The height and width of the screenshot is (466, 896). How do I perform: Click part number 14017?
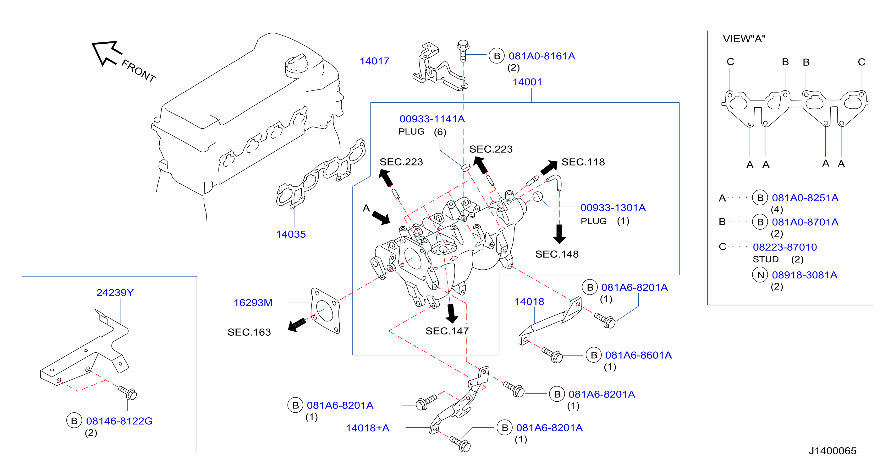click(x=374, y=61)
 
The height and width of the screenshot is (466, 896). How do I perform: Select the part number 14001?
click(x=527, y=82)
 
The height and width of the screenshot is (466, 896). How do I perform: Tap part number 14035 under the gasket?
click(x=291, y=234)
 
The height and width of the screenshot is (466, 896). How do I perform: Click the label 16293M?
click(x=253, y=303)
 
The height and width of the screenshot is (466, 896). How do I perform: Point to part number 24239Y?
click(x=115, y=293)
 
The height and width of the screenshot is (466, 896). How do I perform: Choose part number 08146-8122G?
click(x=119, y=421)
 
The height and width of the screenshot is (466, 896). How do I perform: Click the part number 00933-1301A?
click(x=613, y=208)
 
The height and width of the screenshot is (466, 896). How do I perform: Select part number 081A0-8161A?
click(x=541, y=56)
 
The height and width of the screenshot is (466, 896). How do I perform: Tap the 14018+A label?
click(x=367, y=428)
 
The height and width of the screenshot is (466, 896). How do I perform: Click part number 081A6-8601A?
click(x=638, y=355)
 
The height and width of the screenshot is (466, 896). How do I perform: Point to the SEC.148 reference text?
click(x=557, y=254)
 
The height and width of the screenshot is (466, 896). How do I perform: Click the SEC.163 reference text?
click(x=249, y=332)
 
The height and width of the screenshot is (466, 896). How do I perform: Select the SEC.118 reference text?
click(x=583, y=162)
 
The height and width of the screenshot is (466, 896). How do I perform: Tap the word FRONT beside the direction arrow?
click(x=138, y=71)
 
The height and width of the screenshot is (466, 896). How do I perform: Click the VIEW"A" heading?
click(x=744, y=39)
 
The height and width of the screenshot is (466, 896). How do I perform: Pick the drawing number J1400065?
click(x=832, y=451)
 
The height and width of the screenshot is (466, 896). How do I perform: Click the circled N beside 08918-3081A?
click(x=760, y=275)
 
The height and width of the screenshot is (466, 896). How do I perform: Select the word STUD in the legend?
click(x=766, y=259)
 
